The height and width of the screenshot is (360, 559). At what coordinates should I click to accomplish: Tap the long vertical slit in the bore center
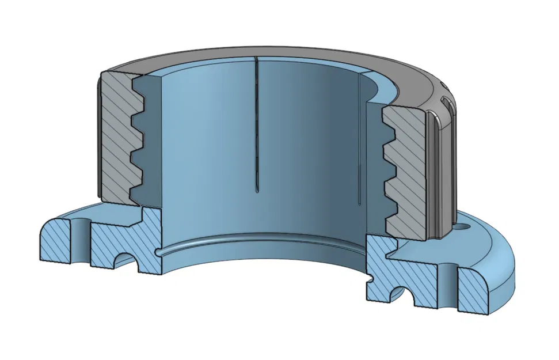[x=256, y=127]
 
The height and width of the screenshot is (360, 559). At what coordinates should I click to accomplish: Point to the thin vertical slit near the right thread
[x=360, y=144]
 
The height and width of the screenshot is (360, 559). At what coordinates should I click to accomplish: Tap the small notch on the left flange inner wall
[x=157, y=252]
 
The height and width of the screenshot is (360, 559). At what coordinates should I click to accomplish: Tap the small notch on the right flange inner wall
[x=372, y=280]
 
